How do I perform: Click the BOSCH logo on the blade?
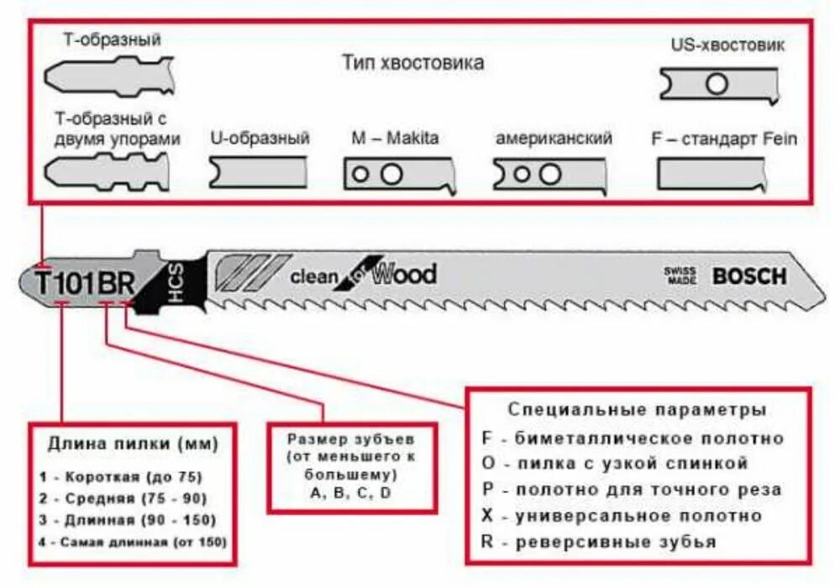[749, 276]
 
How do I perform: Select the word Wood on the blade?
[405, 274]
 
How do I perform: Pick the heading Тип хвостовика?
[412, 63]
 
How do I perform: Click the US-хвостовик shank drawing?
[717, 85]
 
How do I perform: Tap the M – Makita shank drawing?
[399, 174]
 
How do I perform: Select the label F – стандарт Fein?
[724, 139]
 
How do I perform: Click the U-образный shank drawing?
[258, 172]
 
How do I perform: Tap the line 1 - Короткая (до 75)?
[121, 476]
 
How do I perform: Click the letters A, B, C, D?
[351, 493]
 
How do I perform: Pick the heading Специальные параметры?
[637, 410]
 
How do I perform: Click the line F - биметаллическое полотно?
[633, 438]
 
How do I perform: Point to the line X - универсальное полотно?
[622, 515]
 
